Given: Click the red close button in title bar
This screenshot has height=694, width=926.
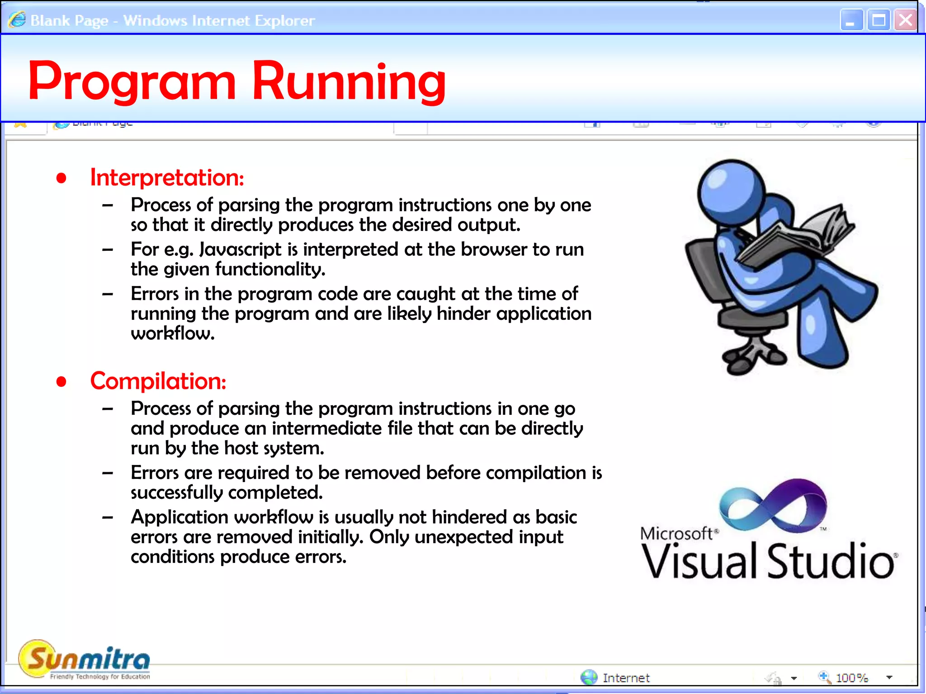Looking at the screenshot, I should [x=905, y=20].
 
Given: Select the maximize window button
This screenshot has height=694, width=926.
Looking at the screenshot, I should [x=878, y=20].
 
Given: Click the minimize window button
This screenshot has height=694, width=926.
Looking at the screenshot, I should [x=851, y=20].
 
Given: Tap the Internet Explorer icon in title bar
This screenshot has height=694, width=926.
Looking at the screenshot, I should [x=17, y=20].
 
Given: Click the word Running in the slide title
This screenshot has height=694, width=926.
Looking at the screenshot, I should [x=348, y=81].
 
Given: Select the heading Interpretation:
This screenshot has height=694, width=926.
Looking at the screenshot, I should [x=167, y=177].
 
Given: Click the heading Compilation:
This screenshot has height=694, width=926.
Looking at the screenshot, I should [x=158, y=381].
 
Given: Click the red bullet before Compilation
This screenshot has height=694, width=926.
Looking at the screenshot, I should [x=61, y=382].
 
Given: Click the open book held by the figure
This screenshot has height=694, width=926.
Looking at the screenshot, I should [x=796, y=235].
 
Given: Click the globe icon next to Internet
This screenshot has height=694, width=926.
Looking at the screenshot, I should [x=588, y=677].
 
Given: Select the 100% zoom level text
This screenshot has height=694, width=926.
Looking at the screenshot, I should [x=852, y=678].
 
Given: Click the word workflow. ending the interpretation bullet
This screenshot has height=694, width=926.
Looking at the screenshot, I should [x=172, y=333].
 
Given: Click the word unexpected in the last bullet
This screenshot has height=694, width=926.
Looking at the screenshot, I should [x=463, y=537].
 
